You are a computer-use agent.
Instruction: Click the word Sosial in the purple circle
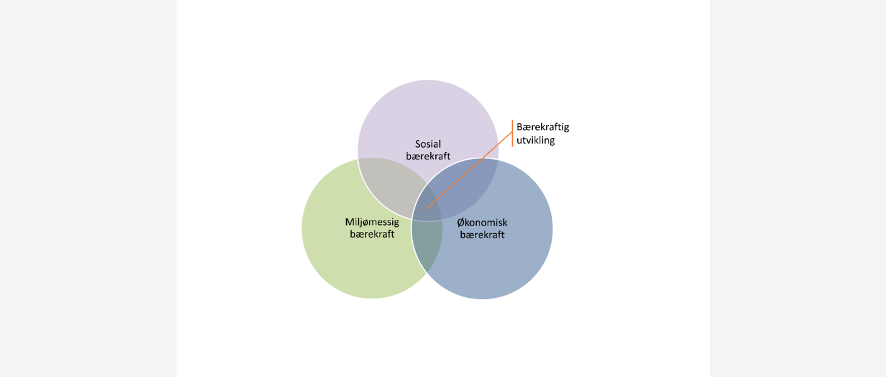(428, 144)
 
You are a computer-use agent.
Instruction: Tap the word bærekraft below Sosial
(428, 156)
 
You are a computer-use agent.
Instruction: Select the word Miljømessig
(372, 222)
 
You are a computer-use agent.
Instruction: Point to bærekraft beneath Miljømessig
(372, 234)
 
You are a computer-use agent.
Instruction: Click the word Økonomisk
(482, 222)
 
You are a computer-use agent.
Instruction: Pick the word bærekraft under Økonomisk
(482, 234)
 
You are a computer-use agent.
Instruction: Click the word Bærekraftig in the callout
(543, 128)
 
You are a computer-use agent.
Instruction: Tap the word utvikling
(535, 141)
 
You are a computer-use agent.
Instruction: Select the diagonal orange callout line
(469, 170)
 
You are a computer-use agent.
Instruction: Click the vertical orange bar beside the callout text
(512, 133)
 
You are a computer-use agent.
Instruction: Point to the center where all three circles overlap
(427, 205)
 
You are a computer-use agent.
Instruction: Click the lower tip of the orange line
(427, 209)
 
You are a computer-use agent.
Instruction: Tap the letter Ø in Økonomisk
(461, 222)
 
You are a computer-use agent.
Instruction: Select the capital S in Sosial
(418, 144)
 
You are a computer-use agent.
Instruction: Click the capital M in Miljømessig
(349, 222)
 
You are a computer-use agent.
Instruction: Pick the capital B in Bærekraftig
(520, 127)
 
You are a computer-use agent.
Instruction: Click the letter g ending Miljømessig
(397, 224)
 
